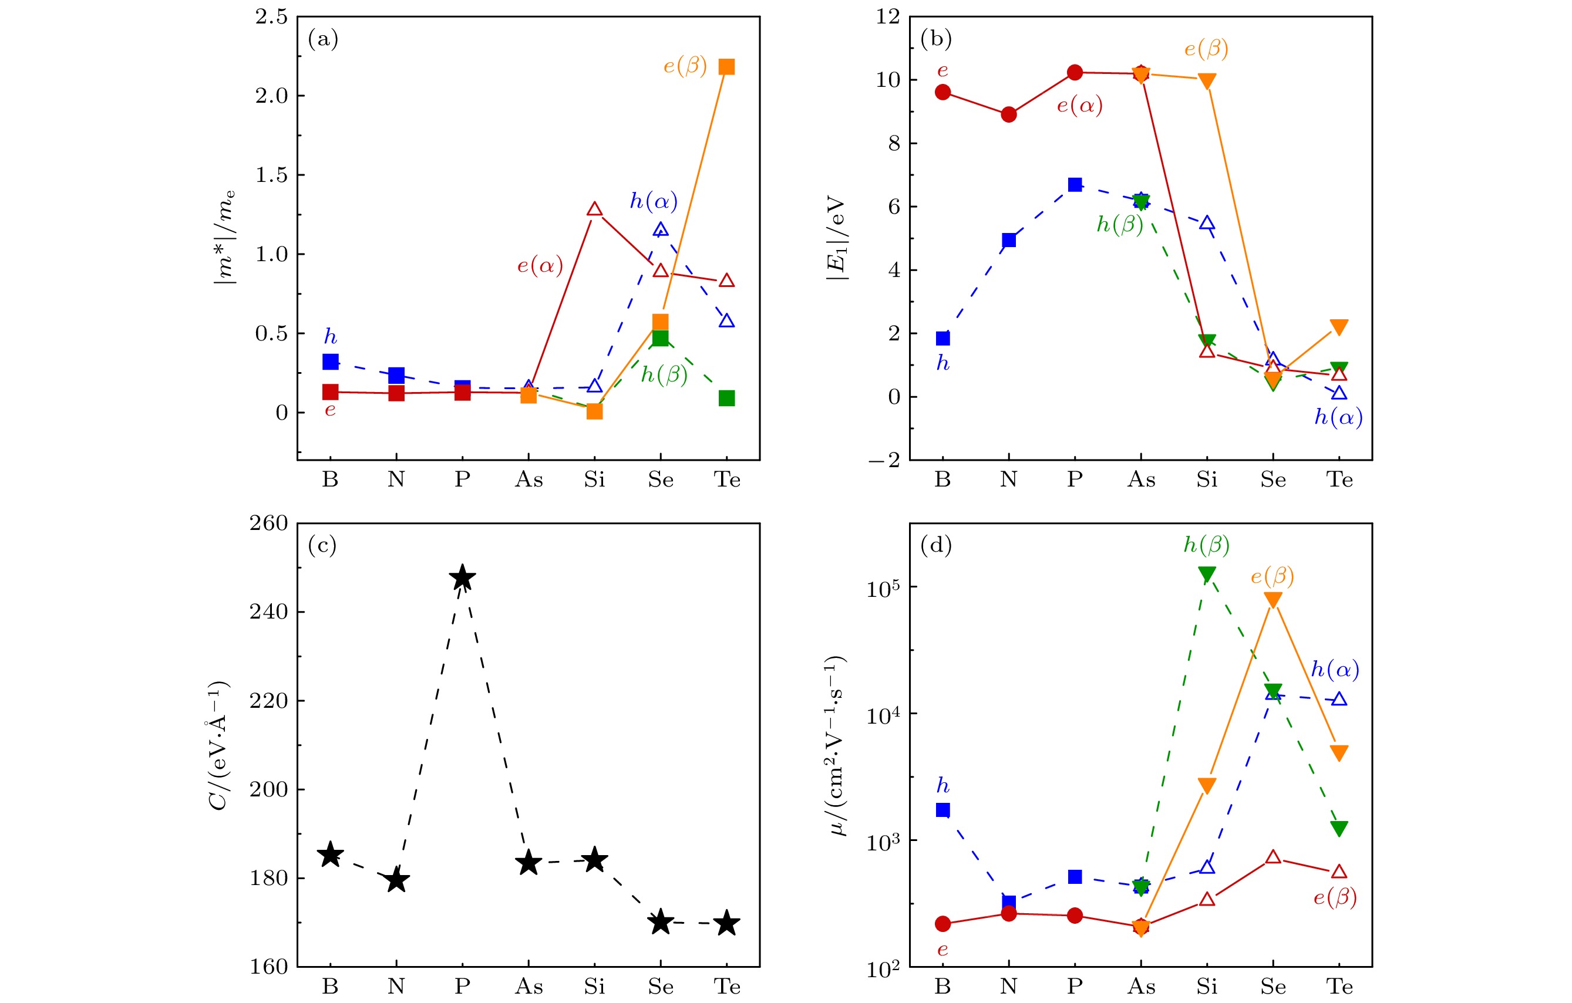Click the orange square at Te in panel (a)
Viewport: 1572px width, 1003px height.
(726, 67)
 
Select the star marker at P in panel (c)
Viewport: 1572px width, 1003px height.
(462, 578)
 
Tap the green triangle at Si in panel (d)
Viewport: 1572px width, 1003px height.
(1206, 574)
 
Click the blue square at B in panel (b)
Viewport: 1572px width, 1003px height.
(942, 338)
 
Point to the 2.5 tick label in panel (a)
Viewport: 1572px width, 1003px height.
(271, 17)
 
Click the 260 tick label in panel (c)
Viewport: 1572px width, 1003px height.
(269, 524)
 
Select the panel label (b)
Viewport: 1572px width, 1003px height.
(935, 39)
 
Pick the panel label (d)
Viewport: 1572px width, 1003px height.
(935, 545)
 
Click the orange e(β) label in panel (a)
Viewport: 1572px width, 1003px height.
(685, 66)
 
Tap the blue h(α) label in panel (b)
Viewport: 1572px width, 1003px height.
(1338, 417)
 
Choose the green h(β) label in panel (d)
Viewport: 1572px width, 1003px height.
(1206, 545)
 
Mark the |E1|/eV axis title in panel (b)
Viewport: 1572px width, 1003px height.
(837, 238)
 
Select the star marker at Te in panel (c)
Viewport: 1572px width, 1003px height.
(726, 923)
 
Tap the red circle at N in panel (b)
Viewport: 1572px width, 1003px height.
(1009, 115)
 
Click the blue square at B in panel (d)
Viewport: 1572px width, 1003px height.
(942, 810)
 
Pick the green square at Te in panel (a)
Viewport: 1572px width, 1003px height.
(726, 398)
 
